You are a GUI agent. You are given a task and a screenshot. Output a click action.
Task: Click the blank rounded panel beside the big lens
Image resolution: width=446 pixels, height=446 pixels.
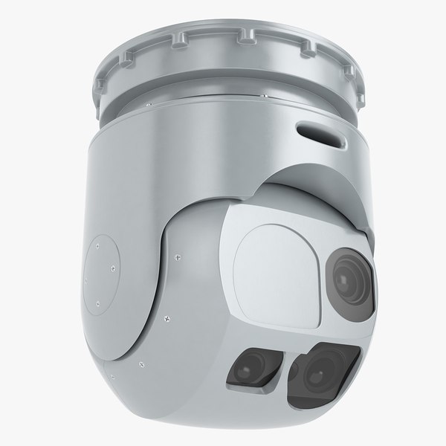275,256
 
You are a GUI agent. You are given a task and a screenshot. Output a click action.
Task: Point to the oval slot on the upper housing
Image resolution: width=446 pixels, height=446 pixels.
320,133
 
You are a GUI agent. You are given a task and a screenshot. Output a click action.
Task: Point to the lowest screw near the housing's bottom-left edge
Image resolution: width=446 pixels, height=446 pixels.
138,365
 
